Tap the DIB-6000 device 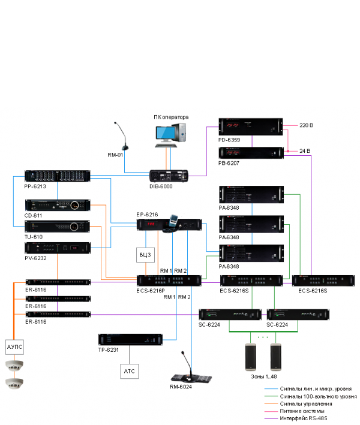coord(169,175)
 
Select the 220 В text coord(307,125)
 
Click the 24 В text coord(305,150)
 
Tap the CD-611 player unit coord(57,206)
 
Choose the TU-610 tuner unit coord(57,227)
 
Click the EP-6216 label coord(147,214)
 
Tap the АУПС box coord(13,347)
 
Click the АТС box coord(130,371)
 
